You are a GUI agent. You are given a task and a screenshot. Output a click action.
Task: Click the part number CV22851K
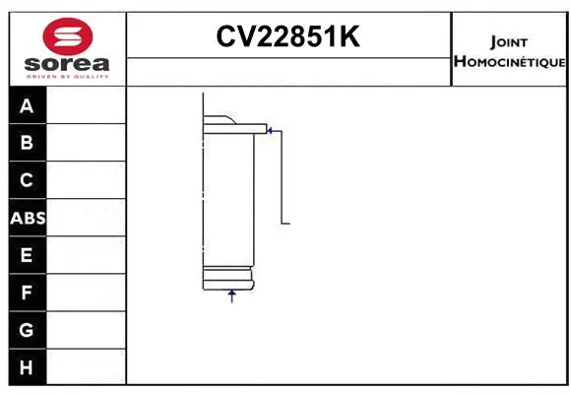(287, 37)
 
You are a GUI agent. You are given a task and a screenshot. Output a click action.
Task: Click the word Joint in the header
(509, 42)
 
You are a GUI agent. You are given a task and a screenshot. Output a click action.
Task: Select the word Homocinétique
(509, 62)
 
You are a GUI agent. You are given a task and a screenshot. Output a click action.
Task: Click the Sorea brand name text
(68, 64)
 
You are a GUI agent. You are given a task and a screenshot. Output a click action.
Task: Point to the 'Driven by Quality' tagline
(68, 77)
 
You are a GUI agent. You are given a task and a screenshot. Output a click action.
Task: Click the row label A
(27, 105)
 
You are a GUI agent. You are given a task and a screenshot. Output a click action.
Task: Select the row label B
(27, 143)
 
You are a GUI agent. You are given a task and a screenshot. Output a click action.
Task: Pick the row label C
(27, 180)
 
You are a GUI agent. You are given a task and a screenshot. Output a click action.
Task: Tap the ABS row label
(28, 218)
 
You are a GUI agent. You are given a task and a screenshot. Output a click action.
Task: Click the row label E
(27, 255)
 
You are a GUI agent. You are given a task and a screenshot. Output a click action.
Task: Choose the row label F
(27, 293)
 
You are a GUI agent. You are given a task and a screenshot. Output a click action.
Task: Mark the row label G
(27, 330)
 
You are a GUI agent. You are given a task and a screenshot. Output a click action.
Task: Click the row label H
(27, 366)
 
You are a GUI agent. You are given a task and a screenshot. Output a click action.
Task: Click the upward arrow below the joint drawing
(232, 295)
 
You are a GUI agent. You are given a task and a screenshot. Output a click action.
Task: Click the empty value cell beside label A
(87, 105)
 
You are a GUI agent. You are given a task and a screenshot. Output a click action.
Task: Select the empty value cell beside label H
(87, 366)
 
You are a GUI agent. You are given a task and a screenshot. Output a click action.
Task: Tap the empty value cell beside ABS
(87, 218)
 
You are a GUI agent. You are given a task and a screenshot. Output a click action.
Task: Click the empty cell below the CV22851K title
(288, 71)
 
